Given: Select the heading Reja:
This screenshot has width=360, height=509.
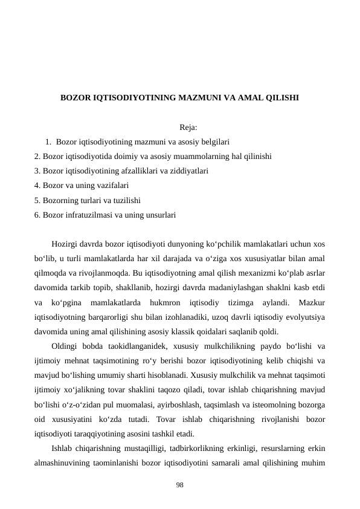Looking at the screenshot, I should [188, 127].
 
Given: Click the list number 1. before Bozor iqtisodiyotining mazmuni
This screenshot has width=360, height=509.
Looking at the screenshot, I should [48, 142].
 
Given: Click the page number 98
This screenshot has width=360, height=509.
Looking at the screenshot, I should [180, 485].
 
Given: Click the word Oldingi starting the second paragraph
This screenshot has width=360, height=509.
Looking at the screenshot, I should [67, 346].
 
